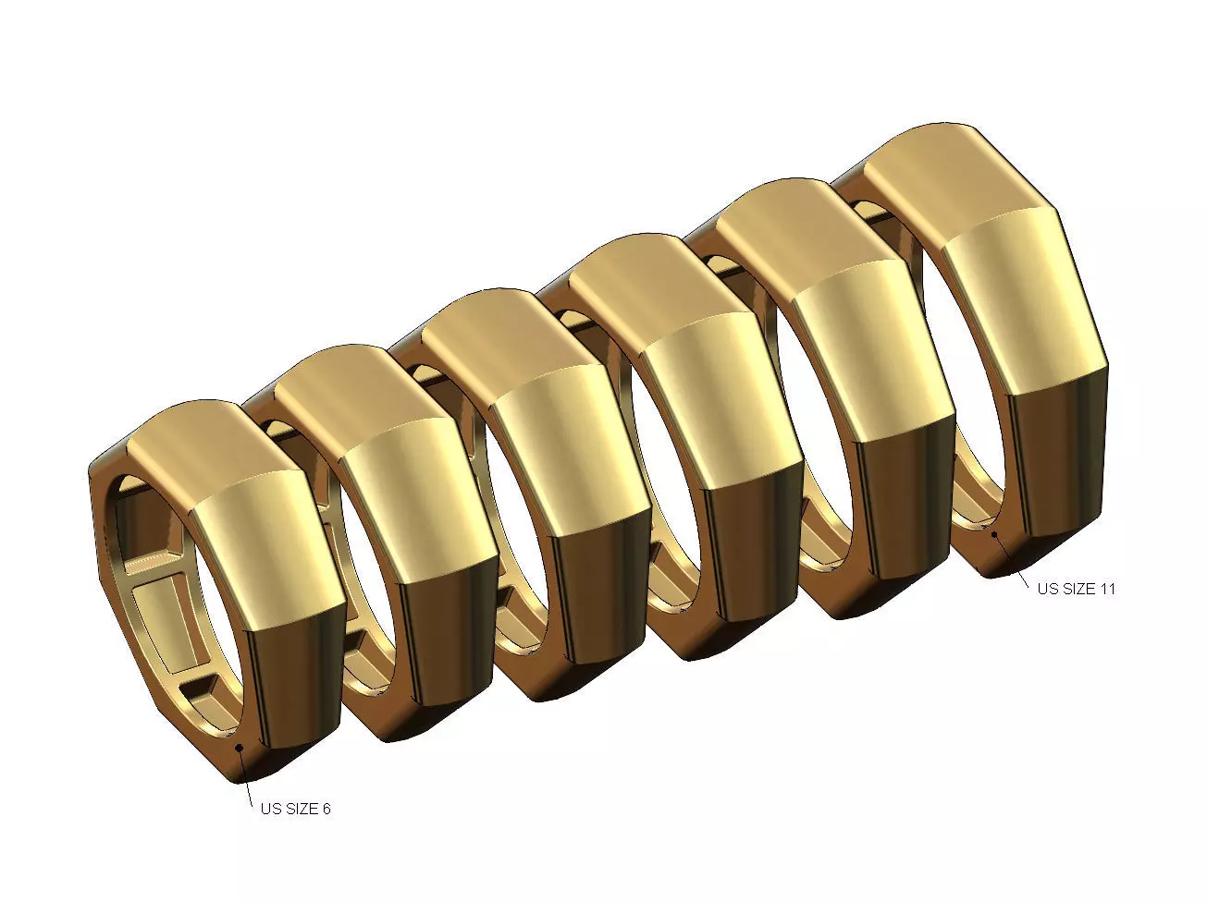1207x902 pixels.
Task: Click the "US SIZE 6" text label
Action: tap(295, 809)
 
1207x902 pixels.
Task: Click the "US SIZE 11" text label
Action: tap(1076, 589)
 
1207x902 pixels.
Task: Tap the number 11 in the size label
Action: tap(1106, 589)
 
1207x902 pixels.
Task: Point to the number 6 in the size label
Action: tap(326, 809)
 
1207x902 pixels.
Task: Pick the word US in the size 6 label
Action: tap(270, 809)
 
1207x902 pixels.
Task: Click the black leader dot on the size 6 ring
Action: tap(240, 747)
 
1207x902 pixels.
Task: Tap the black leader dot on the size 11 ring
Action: tap(993, 533)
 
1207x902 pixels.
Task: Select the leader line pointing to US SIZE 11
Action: tap(1011, 558)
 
